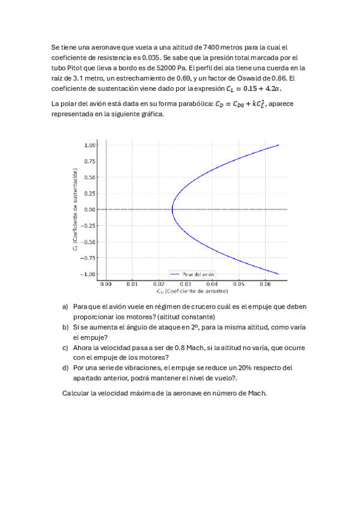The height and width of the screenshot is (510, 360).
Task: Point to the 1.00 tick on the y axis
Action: click(x=90, y=145)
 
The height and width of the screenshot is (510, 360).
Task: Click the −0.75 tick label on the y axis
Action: click(x=89, y=258)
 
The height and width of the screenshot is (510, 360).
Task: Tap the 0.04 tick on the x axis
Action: click(x=212, y=283)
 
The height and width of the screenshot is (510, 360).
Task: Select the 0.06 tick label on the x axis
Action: click(x=265, y=283)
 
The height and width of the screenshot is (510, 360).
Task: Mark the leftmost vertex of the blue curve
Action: click(x=172, y=209)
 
